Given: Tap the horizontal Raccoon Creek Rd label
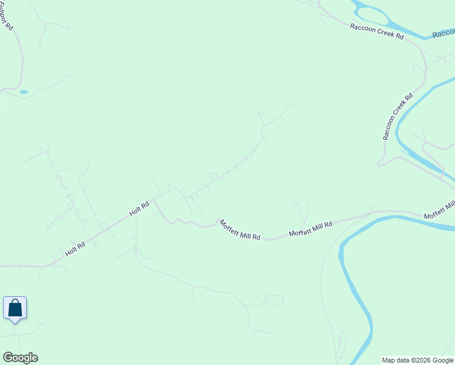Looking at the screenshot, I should click(x=377, y=32).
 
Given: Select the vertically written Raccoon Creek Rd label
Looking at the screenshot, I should click(x=398, y=116).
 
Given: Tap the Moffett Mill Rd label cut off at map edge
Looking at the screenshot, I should click(x=439, y=209).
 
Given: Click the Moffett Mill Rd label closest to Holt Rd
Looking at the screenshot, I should click(x=240, y=229).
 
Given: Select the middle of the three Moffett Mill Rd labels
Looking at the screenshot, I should click(x=310, y=229).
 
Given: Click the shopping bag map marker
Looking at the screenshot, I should click(x=15, y=308).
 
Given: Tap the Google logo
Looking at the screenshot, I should click(x=20, y=358).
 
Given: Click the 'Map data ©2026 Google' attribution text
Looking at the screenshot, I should click(x=417, y=360).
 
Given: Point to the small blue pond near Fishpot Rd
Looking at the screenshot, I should click(x=24, y=92).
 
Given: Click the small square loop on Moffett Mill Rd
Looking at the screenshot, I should click(x=374, y=209).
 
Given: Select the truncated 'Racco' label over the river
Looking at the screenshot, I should click(x=443, y=33).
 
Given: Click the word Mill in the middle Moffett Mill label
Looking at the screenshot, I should click(x=316, y=228).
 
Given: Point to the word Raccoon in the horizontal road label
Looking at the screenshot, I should click(x=363, y=28).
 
